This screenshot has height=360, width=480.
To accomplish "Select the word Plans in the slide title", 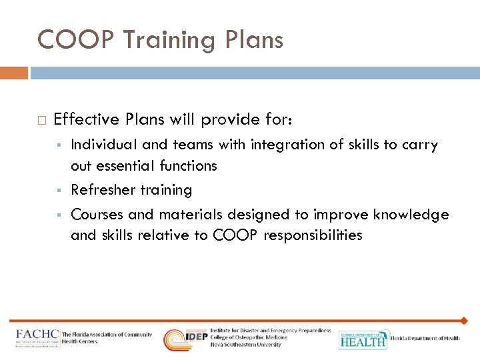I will pyautogui.click(x=254, y=41).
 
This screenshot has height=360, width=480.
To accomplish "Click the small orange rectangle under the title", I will pyautogui.click(x=14, y=72).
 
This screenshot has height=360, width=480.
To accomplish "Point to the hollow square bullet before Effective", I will pyautogui.click(x=41, y=120).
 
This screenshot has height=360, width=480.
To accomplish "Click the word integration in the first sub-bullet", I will pyautogui.click(x=282, y=145).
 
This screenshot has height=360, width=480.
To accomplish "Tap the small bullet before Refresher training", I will pyautogui.click(x=59, y=191).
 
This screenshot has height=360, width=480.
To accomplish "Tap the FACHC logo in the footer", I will pyautogui.click(x=38, y=338).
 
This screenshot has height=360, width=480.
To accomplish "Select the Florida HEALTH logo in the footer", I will pyautogui.click(x=363, y=339).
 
